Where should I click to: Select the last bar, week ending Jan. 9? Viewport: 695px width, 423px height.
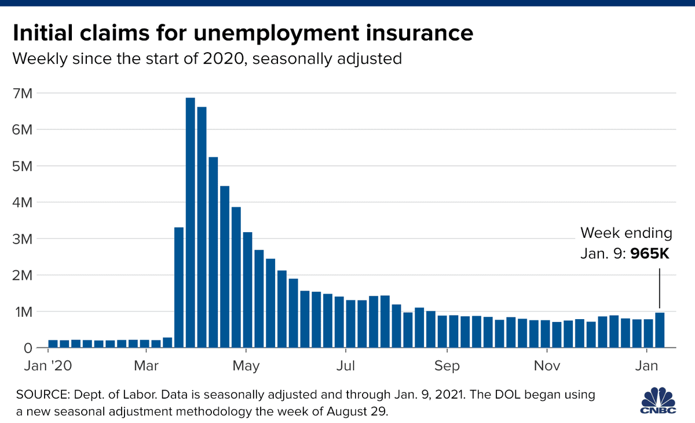point(660,330)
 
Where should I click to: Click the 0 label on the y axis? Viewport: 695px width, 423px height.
point(27,348)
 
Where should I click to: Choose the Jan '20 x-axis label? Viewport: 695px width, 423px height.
point(47,367)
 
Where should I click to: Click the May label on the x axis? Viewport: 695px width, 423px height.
point(246,367)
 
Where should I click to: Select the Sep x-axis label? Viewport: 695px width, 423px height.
point(447,367)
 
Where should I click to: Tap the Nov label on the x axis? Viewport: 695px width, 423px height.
point(547,367)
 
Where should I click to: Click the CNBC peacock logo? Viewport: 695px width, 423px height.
point(660,400)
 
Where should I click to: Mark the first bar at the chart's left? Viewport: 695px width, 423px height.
point(53,344)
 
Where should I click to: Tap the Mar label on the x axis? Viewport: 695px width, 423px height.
point(147,367)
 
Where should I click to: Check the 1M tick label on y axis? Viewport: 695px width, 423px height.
point(24,312)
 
